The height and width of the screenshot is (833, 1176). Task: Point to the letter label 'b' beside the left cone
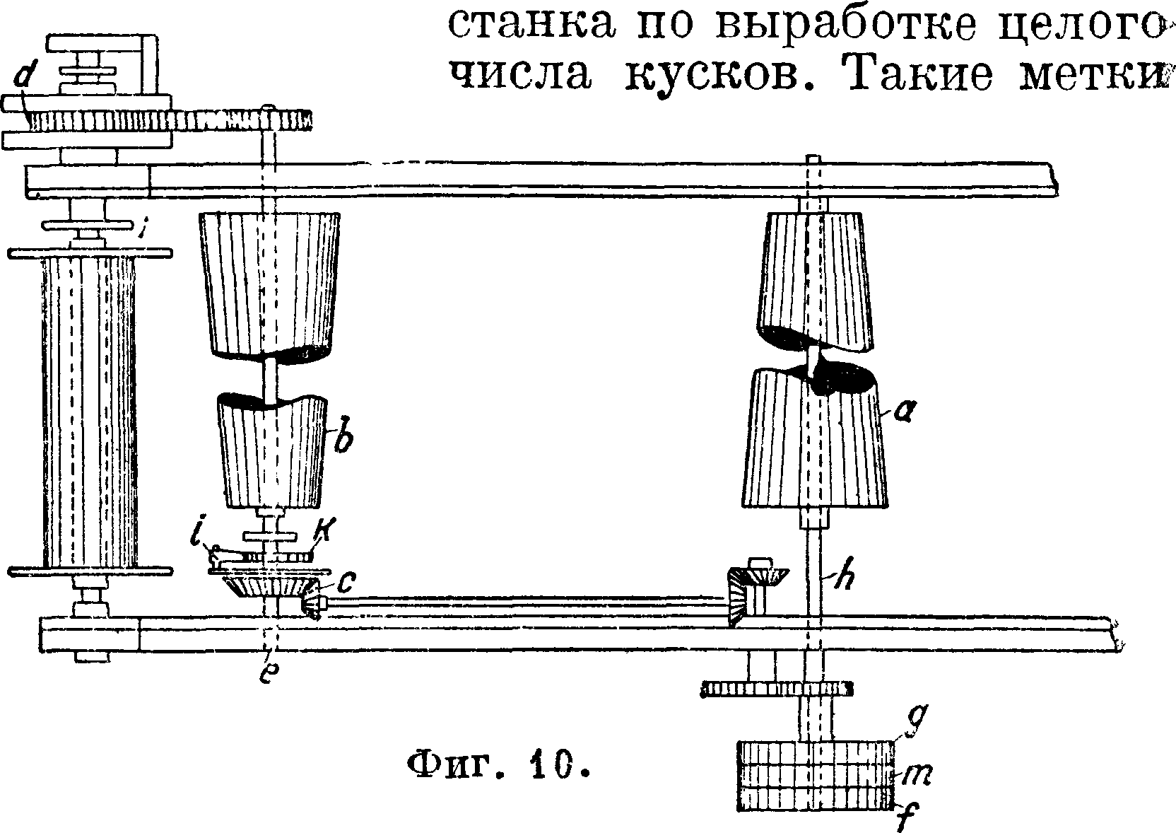tap(344, 439)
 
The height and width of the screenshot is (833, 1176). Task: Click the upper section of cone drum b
tap(269, 284)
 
